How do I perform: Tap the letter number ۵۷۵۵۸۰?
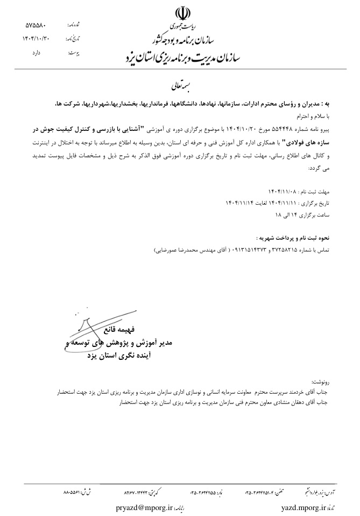pyautogui.click(x=36, y=25)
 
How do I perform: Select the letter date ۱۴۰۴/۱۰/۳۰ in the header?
pyautogui.click(x=36, y=39)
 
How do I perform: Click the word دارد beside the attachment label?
pyautogui.click(x=37, y=52)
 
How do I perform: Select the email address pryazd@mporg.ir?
pyautogui.click(x=146, y=507)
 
